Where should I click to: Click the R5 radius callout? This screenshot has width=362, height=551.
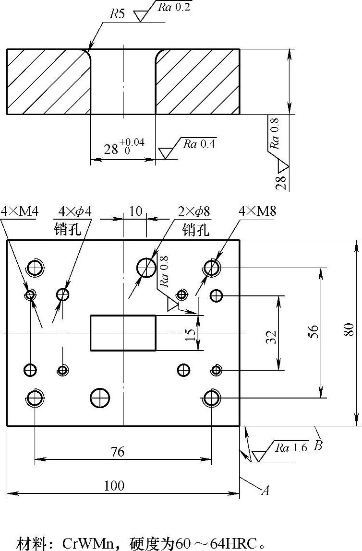[x=117, y=14]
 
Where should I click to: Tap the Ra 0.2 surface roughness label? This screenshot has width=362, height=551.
[x=174, y=7]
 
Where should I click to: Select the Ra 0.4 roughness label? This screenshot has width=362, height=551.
[x=199, y=144]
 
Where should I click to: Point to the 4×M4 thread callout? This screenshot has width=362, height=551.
[x=19, y=211]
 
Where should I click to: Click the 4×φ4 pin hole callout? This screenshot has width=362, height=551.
[x=75, y=211]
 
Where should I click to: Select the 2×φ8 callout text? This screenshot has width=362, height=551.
[x=194, y=211]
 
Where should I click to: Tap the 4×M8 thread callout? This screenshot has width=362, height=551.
[x=257, y=211]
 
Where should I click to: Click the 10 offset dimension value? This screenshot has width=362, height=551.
[x=136, y=211]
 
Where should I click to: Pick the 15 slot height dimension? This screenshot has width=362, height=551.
[x=190, y=333]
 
